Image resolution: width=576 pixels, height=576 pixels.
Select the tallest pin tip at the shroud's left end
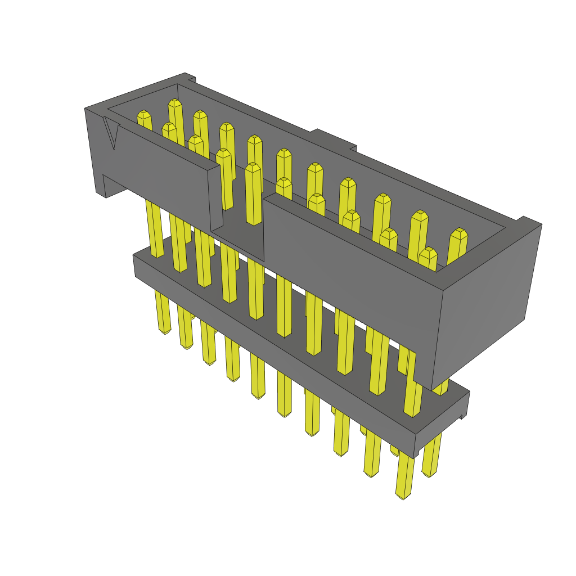point(174,103)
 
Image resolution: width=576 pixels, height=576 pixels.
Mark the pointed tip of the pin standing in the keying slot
point(253,167)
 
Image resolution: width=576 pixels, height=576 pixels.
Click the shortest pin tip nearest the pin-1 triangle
point(144,115)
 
